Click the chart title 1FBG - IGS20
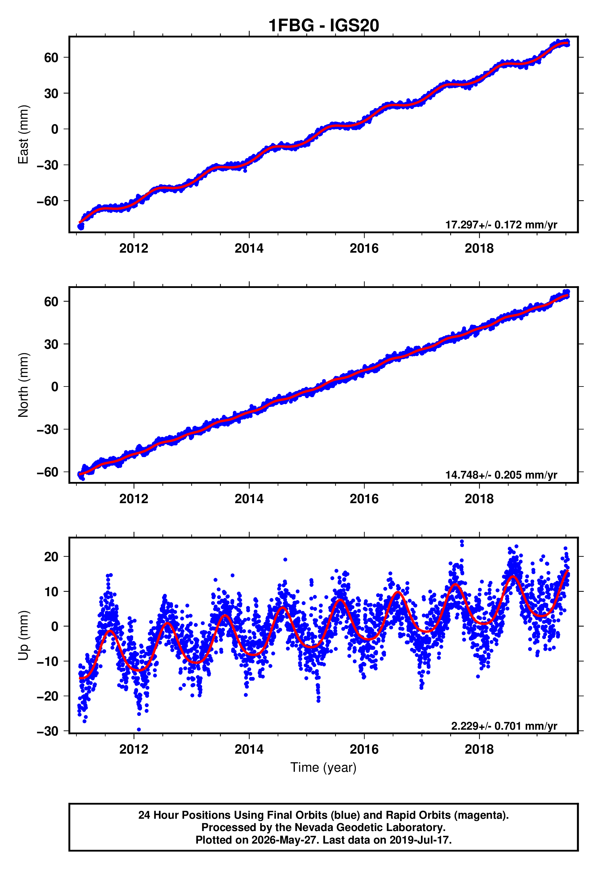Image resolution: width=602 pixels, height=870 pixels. pyautogui.click(x=324, y=26)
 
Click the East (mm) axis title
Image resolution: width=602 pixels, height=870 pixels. pyautogui.click(x=23, y=134)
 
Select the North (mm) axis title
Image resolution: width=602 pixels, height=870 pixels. pyautogui.click(x=23, y=385)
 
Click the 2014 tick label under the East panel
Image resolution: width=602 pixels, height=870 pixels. pyautogui.click(x=249, y=248)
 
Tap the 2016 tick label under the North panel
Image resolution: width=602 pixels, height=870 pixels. pyautogui.click(x=364, y=499)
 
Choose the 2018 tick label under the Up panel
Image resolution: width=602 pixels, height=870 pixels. pyautogui.click(x=479, y=749)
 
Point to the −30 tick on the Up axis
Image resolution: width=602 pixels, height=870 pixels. pyautogui.click(x=48, y=731)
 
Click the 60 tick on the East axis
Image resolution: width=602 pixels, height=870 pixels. pyautogui.click(x=51, y=57)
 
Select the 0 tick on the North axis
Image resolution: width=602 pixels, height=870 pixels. pyautogui.click(x=55, y=387)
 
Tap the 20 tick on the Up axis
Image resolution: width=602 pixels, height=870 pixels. pyautogui.click(x=51, y=557)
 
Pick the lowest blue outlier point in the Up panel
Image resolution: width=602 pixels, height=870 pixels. pyautogui.click(x=139, y=730)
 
